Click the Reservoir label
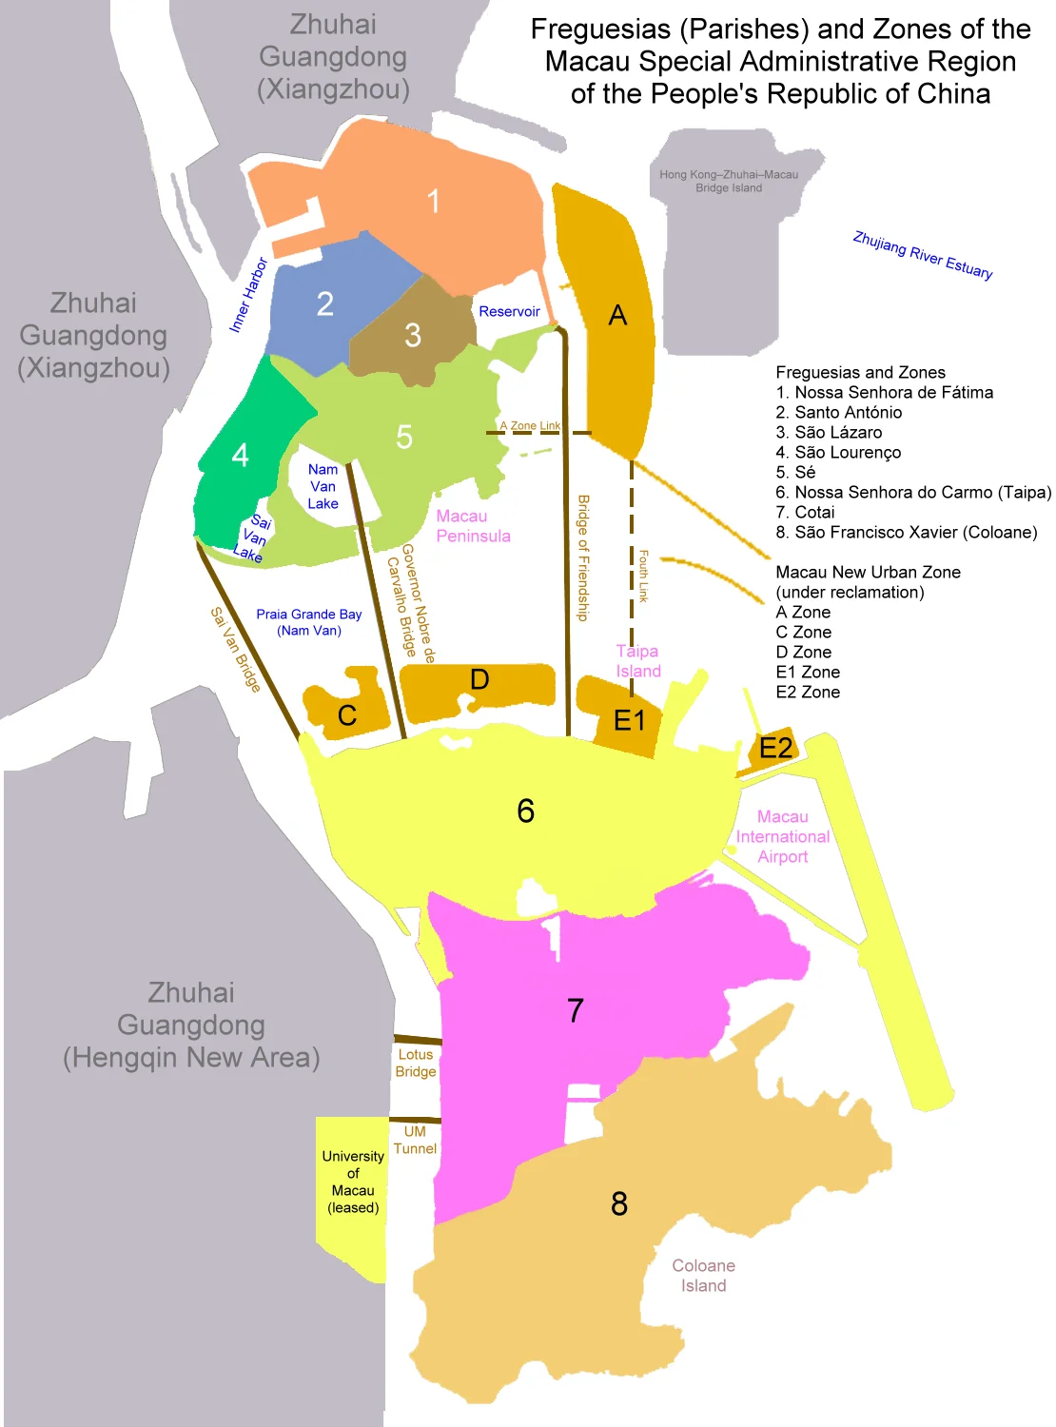coord(509,312)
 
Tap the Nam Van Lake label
coord(323,486)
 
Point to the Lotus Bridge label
coord(416,1063)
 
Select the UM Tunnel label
coord(415,1140)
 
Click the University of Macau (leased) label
coord(353,1182)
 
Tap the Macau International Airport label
coord(782,836)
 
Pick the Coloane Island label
coord(703,1276)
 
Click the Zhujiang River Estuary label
coord(922,255)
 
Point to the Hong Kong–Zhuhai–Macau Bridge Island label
coord(729,181)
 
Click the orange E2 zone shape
coord(775,748)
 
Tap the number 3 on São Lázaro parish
coord(413,335)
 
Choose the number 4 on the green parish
coord(241,456)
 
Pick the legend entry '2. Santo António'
coord(838,412)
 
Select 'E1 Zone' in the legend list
coord(807,672)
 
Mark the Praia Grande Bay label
coord(309,622)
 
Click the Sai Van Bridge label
coord(235,649)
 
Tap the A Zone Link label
coord(530,425)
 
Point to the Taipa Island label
coord(637,661)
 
